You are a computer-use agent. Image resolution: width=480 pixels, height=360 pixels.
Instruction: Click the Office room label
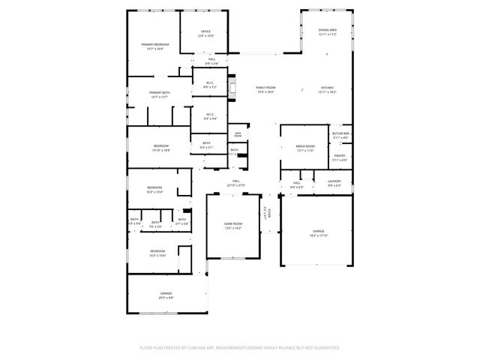[205, 34]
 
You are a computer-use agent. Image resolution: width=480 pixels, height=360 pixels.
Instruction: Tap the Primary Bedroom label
[155, 46]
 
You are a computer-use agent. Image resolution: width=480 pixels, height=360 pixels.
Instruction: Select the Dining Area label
[328, 32]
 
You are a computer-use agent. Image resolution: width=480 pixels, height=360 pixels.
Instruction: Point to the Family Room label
[265, 89]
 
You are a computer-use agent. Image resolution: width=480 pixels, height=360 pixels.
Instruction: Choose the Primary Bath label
[159, 94]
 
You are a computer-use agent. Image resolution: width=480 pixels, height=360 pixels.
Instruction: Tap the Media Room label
[305, 148]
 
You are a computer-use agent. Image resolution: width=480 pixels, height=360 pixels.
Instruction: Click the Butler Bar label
[341, 135]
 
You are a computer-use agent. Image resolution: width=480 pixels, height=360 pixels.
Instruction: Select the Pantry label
[340, 157]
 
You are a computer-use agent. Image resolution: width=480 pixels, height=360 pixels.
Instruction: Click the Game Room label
[233, 226]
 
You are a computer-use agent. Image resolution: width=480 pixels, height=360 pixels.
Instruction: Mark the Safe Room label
[238, 134]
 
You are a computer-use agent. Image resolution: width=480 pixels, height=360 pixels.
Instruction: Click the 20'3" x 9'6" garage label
[166, 295]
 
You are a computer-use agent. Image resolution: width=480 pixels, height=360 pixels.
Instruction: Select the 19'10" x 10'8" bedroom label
[161, 148]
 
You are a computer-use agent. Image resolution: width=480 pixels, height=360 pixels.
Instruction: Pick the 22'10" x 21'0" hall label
[235, 183]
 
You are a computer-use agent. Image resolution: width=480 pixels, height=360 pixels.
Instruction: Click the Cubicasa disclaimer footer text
[240, 348]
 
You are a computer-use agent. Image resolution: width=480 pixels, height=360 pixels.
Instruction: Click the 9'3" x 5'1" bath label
[206, 145]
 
